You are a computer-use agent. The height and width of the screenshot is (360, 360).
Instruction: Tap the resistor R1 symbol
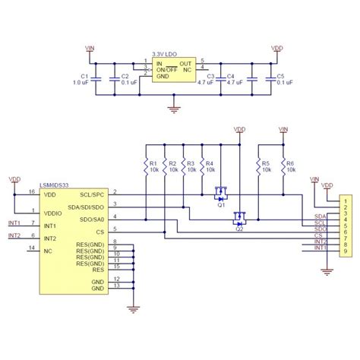click(145, 167)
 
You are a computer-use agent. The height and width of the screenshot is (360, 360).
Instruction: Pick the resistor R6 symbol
click(282, 167)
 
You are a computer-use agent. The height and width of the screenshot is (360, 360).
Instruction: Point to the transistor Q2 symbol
click(239, 218)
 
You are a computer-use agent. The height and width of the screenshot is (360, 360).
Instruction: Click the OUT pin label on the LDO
click(185, 63)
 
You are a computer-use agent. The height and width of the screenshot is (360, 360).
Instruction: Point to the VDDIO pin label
click(55, 213)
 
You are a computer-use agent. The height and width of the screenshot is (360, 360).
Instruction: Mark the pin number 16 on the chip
click(31, 192)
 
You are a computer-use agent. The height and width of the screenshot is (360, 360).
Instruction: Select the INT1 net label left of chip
click(14, 223)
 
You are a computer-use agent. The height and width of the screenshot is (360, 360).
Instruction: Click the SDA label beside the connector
click(320, 216)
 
